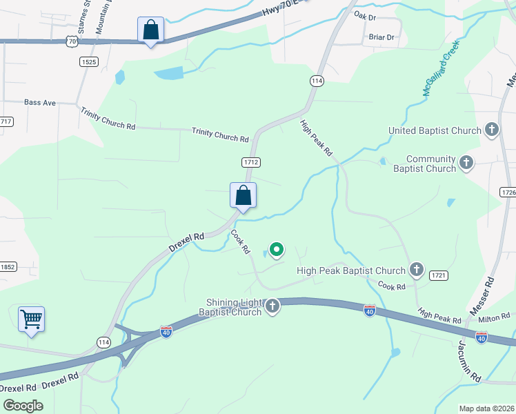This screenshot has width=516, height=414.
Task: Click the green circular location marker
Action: click(x=277, y=249)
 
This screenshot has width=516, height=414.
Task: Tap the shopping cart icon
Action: click(x=31, y=319)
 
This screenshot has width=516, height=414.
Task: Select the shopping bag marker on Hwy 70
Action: click(x=150, y=30)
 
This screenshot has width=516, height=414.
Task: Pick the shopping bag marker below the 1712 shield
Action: click(x=243, y=195)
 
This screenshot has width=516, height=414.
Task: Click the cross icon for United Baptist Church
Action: click(x=492, y=130)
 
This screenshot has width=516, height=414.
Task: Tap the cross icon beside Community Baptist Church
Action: click(x=467, y=163)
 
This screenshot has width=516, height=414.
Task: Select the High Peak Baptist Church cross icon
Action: click(x=417, y=270)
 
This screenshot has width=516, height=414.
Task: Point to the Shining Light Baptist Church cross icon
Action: click(x=272, y=306)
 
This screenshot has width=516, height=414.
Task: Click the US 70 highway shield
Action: click(x=72, y=42)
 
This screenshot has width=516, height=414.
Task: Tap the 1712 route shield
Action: click(x=250, y=162)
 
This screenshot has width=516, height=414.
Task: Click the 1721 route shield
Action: click(x=439, y=275)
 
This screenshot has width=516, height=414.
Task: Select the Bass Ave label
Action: click(x=39, y=102)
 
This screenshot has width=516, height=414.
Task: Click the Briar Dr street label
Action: click(x=381, y=37)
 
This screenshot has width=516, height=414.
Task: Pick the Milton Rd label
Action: click(x=494, y=317)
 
